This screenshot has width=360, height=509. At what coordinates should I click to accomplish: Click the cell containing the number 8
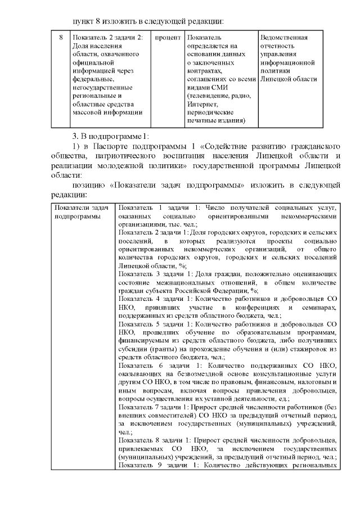pyautogui.click(x=61, y=38)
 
